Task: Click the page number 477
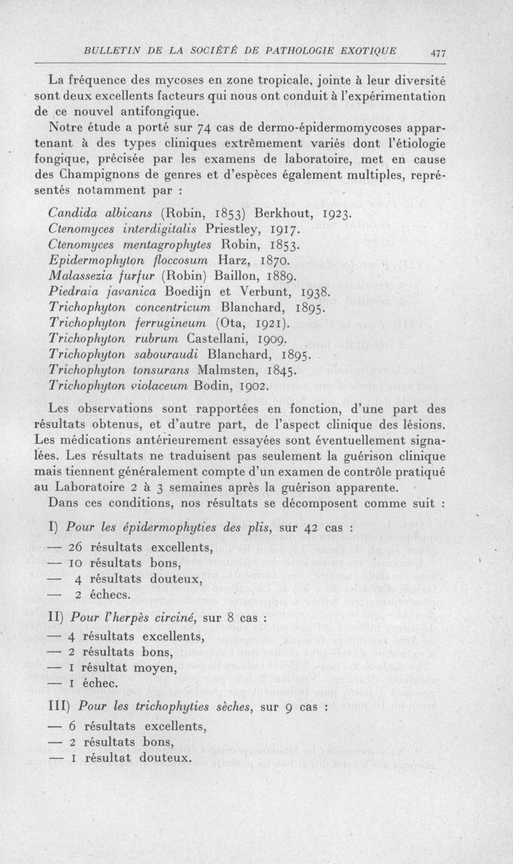pyautogui.click(x=439, y=54)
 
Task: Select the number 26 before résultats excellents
pyautogui.click(x=78, y=547)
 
